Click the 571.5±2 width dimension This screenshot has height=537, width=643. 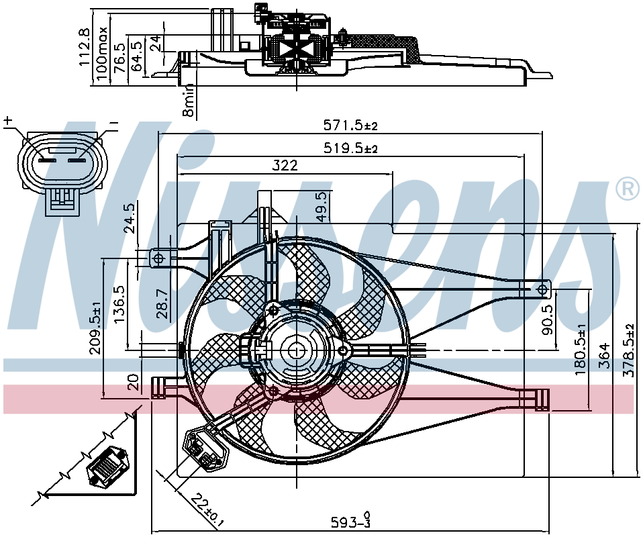pyautogui.click(x=350, y=125)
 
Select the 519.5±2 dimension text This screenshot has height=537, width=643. pyautogui.click(x=350, y=147)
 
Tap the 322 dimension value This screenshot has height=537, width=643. pyautogui.click(x=285, y=165)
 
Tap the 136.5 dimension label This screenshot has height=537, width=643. pyautogui.click(x=121, y=303)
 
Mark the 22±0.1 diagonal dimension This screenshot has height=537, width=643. pyautogui.click(x=207, y=509)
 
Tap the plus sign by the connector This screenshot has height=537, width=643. pyautogui.click(x=8, y=121)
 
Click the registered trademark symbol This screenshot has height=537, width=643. pyautogui.click(x=628, y=189)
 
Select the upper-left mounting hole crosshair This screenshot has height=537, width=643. pyautogui.click(x=158, y=258)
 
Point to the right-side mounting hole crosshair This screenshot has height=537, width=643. pyautogui.click(x=542, y=289)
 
